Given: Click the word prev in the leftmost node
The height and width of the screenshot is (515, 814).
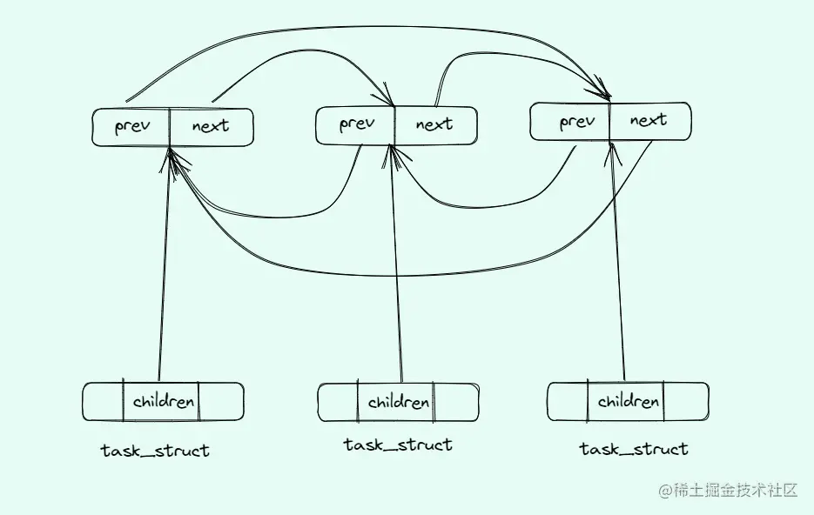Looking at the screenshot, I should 131,127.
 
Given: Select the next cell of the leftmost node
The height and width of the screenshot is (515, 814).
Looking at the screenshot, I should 210,127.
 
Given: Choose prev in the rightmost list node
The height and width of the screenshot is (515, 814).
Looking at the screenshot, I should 576,122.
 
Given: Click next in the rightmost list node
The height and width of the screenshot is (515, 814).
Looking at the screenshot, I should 648,121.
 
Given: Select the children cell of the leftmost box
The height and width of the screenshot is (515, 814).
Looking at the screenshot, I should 163,402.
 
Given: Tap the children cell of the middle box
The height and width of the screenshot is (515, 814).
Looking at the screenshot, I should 398,403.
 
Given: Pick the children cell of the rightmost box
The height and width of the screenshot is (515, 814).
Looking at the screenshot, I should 627,402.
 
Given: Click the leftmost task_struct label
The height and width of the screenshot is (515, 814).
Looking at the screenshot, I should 155,451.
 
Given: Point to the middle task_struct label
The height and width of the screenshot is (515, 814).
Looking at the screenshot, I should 398,445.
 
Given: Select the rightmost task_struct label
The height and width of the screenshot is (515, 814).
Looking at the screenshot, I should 634,449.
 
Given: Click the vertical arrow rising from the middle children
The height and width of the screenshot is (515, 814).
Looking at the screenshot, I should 398,278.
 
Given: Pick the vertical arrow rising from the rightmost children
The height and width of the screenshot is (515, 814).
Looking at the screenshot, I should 618,278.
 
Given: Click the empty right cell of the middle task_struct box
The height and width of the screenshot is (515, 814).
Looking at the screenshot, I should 455,403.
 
